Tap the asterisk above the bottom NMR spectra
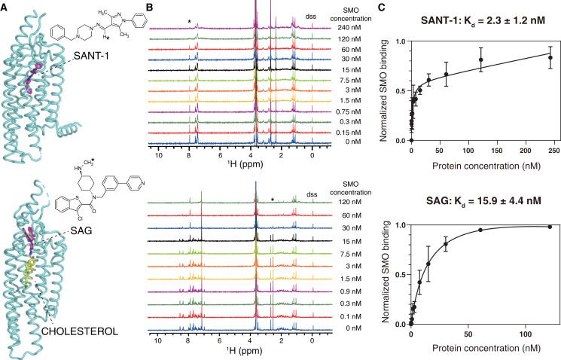point(273,200)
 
